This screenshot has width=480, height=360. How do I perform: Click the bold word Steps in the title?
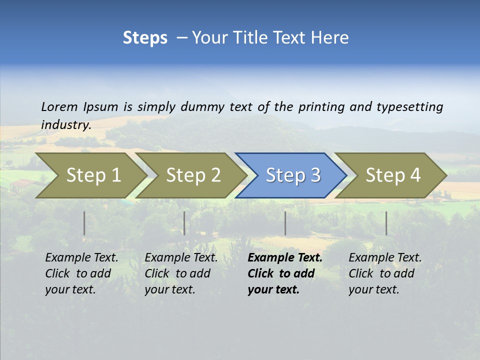145,38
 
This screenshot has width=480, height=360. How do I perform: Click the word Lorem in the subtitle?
59,106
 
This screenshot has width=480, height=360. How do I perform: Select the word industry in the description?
65,124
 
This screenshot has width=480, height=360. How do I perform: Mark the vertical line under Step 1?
84,223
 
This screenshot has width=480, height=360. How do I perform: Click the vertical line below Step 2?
184,223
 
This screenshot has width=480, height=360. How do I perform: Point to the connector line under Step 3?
285,223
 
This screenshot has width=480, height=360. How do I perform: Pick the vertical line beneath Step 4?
386,223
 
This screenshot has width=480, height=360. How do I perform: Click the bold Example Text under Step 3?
285,257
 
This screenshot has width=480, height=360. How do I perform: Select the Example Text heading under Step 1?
81,257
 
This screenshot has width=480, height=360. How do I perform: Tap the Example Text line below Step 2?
181,257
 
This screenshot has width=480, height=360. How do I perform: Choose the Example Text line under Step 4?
385,257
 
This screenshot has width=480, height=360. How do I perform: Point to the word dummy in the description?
202,106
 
